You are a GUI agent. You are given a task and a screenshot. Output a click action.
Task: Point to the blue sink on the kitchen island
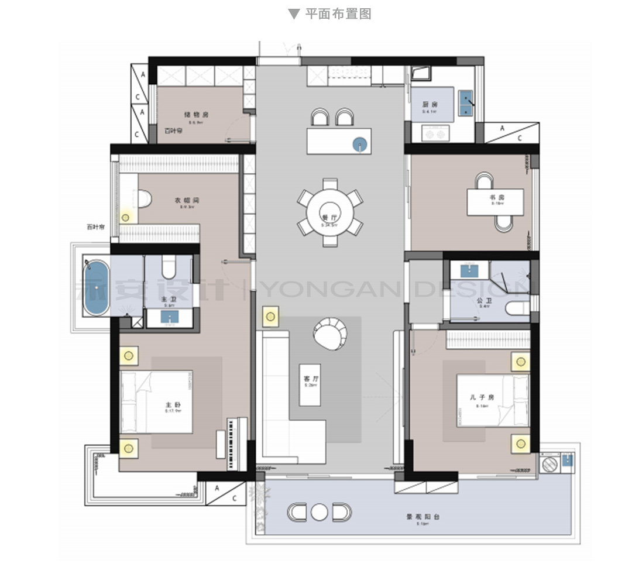tap(359, 143)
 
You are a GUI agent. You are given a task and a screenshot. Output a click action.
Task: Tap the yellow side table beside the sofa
tap(270, 317)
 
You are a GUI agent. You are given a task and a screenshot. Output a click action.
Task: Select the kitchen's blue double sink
tap(466, 103)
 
